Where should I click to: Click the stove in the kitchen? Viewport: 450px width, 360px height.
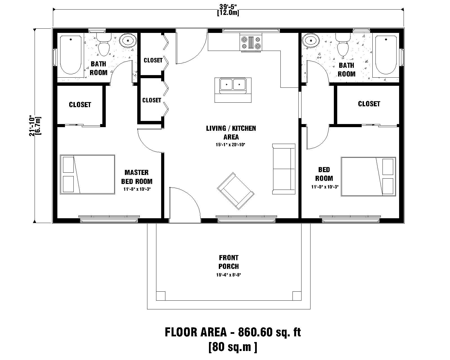pyautogui.click(x=251, y=43)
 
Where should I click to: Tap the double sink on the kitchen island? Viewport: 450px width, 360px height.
pyautogui.click(x=233, y=84)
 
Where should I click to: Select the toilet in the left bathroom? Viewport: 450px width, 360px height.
pyautogui.click(x=103, y=46)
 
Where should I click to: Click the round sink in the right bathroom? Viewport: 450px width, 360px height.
pyautogui.click(x=311, y=40)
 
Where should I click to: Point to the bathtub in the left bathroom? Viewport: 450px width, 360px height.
pyautogui.click(x=71, y=54)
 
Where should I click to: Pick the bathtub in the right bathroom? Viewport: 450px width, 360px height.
pyautogui.click(x=386, y=55)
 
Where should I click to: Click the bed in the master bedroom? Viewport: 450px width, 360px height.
pyautogui.click(x=87, y=174)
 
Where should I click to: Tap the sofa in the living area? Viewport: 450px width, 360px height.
pyautogui.click(x=283, y=169)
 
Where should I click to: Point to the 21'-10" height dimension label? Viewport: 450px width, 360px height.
pyautogui.click(x=33, y=126)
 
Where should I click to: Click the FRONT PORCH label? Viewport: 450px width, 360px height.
pyautogui.click(x=228, y=262)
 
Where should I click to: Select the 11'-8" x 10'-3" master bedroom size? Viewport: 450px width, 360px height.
pyautogui.click(x=137, y=189)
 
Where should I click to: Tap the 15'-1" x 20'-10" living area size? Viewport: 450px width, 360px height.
pyautogui.click(x=231, y=145)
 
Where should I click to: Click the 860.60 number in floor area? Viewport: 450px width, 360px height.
pyautogui.click(x=255, y=332)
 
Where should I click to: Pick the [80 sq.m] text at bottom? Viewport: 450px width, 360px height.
pyautogui.click(x=232, y=347)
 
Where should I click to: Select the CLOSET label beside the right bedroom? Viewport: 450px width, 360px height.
pyautogui.click(x=369, y=104)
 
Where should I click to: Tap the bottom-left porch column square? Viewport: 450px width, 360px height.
pyautogui.click(x=161, y=296)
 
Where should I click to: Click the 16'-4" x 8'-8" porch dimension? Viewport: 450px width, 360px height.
pyautogui.click(x=228, y=275)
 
